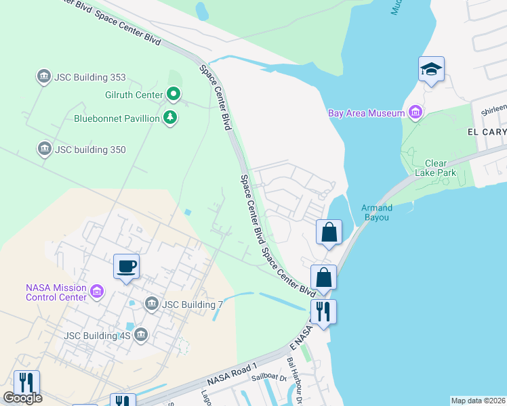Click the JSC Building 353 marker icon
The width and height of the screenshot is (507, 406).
pyautogui.click(x=44, y=76)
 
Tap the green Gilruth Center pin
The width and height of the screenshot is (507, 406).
pyautogui.click(x=174, y=94)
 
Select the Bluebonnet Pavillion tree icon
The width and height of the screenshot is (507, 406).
pyautogui.click(x=170, y=118)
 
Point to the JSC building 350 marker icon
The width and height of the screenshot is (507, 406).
pyautogui.click(x=44, y=149)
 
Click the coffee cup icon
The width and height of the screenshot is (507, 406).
pyautogui.click(x=127, y=266)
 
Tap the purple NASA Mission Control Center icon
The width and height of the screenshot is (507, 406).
pyautogui.click(x=97, y=291)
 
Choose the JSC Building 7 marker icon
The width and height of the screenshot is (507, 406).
pyautogui.click(x=151, y=304)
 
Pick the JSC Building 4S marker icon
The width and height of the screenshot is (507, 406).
pyautogui.click(x=141, y=334)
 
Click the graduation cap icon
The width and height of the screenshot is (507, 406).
pyautogui.click(x=431, y=70)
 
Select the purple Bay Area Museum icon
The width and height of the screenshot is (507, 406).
pyautogui.click(x=415, y=113)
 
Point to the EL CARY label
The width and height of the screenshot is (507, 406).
pyautogui.click(x=487, y=132)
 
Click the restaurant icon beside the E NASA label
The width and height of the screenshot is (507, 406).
pyautogui.click(x=323, y=312)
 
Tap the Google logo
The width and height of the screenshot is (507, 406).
pyautogui.click(x=22, y=397)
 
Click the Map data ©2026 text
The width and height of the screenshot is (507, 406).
pyautogui.click(x=478, y=401)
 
